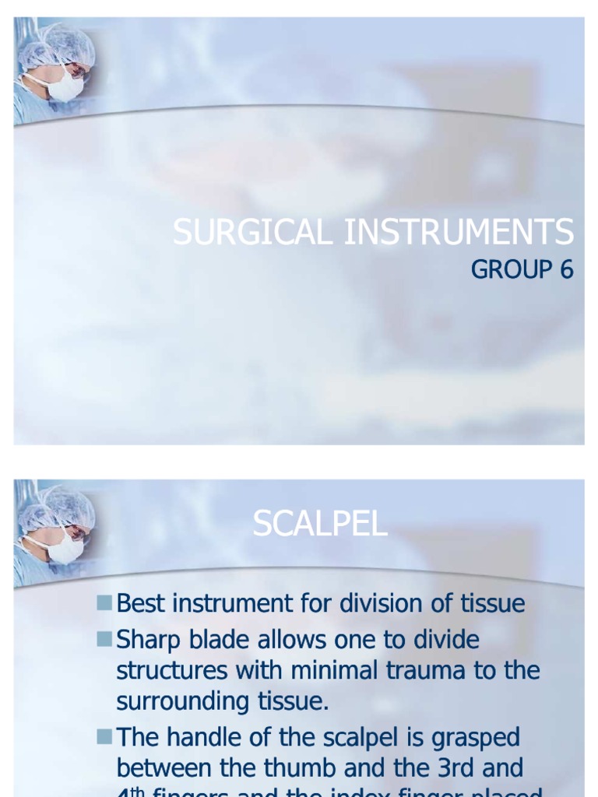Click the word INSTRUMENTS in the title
[459, 233]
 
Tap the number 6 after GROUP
[565, 269]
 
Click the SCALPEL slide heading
[320, 525]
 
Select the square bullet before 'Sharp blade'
[105, 639]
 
